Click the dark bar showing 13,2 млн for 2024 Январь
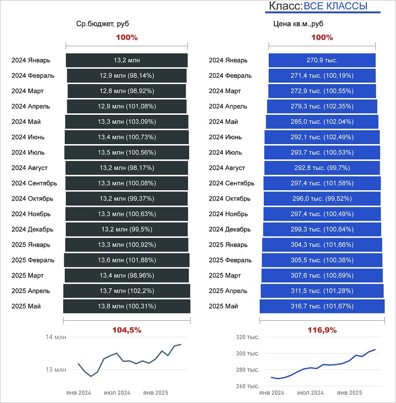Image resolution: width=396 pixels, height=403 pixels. click(x=127, y=60)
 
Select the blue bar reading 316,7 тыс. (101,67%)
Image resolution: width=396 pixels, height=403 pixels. click(x=322, y=306)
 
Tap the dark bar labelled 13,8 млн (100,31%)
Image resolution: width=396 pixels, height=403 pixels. click(x=127, y=306)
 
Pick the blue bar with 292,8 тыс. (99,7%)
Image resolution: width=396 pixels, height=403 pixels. click(x=322, y=168)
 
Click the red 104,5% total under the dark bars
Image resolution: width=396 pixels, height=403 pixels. click(x=127, y=330)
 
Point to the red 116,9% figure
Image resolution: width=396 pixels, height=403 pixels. click(x=322, y=330)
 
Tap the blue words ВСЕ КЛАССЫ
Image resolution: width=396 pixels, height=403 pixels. click(x=335, y=6)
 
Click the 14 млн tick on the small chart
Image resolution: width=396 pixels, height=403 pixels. click(x=56, y=337)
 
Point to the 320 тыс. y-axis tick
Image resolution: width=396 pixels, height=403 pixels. click(x=247, y=337)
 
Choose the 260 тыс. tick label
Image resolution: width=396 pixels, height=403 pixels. click(x=247, y=386)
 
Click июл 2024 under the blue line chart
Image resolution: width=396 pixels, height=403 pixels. click(x=310, y=393)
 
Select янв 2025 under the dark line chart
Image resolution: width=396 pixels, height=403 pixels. click(x=155, y=393)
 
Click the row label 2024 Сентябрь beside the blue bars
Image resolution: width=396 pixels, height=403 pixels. click(x=232, y=183)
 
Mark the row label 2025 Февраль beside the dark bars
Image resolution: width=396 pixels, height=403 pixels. click(x=33, y=260)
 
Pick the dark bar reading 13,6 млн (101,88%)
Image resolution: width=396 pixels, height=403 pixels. click(x=127, y=260)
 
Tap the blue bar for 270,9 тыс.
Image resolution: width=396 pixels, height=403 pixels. click(x=322, y=60)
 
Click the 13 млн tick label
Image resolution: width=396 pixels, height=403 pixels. click(x=56, y=369)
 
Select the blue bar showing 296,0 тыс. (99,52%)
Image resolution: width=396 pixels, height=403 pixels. click(x=322, y=199)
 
